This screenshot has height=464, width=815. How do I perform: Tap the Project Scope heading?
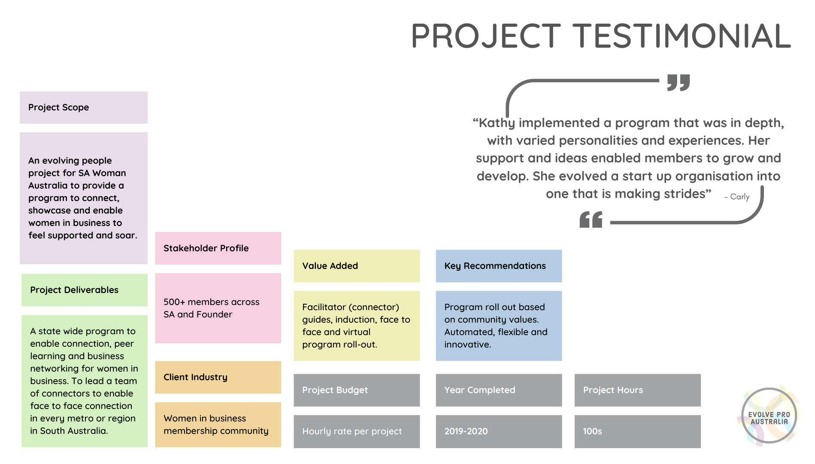[x=59, y=107]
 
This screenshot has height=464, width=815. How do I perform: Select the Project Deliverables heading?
[x=74, y=290]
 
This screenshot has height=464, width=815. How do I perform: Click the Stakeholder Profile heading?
[x=206, y=248]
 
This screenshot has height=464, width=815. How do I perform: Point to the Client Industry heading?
[x=195, y=377]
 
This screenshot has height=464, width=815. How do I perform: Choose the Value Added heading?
[x=330, y=266]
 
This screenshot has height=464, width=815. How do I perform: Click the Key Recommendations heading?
[x=495, y=266]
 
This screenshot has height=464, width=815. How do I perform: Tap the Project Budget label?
[x=335, y=390]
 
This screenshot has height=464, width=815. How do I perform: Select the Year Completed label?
[x=479, y=390]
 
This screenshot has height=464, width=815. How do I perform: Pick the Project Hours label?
[x=613, y=390]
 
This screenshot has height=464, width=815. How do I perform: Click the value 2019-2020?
[x=466, y=431]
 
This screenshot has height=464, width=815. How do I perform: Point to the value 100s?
[x=592, y=431]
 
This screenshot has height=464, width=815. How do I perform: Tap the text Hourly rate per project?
[x=352, y=431]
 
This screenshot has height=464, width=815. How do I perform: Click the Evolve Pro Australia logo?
[x=769, y=415]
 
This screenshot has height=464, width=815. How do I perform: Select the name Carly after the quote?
[x=739, y=197]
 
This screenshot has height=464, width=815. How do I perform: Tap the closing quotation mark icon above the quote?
[x=679, y=82]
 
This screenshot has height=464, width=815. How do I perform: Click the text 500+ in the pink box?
[x=174, y=302]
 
